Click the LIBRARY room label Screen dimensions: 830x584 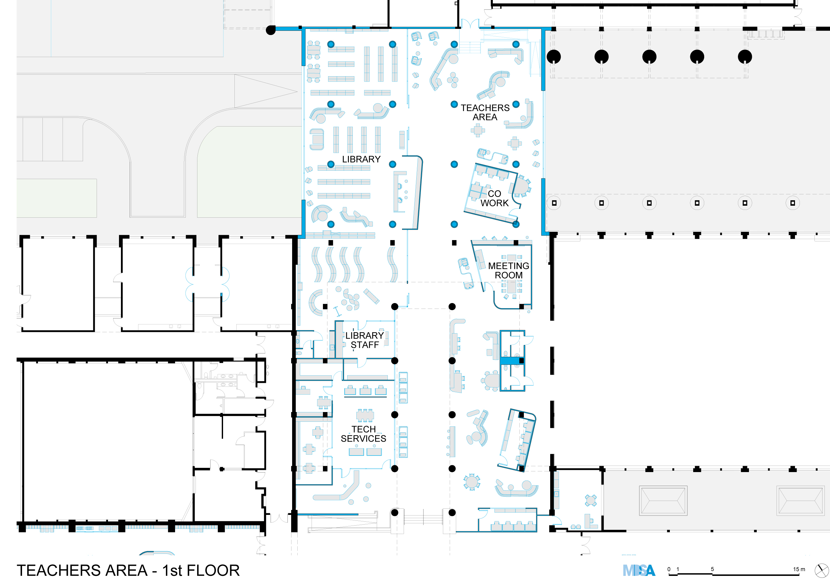(x=361, y=159)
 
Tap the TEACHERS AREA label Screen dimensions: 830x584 (x=485, y=113)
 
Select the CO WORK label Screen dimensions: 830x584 (x=494, y=198)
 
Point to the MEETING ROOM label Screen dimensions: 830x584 (x=509, y=270)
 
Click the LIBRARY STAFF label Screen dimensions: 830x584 (x=364, y=340)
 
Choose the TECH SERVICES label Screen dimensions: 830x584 (x=363, y=434)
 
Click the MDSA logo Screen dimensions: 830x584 (x=639, y=570)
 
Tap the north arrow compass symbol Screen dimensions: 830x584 (x=821, y=570)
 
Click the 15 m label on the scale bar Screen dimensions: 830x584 (x=799, y=569)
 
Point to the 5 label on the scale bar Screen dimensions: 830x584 (x=712, y=569)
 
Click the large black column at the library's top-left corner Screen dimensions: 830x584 (x=271, y=30)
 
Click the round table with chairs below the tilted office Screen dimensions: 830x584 (x=471, y=481)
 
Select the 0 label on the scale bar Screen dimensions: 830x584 (x=669, y=569)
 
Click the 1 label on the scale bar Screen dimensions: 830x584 (x=678, y=569)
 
